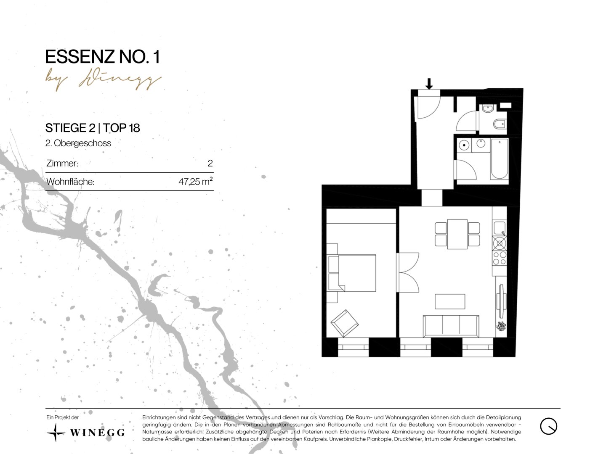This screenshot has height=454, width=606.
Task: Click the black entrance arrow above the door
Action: click(429, 84)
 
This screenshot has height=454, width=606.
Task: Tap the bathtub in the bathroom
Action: click(500, 159)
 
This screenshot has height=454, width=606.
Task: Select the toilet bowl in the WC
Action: click(500, 124)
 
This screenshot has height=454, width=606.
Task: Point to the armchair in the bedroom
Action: click(345, 323)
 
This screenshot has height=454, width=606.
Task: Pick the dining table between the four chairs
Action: click(457, 234)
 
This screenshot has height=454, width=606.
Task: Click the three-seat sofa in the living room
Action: click(451, 326)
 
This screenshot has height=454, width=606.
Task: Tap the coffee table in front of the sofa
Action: click(450, 301)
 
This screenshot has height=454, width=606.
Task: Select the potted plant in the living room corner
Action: click(501, 326)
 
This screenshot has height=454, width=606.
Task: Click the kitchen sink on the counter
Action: click(500, 228)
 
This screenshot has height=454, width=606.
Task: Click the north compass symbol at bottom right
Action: click(548, 426)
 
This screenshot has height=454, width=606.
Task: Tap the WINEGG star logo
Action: click(56, 433)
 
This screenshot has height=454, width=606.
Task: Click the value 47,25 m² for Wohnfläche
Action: click(195, 181)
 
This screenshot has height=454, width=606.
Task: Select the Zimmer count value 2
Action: click(210, 163)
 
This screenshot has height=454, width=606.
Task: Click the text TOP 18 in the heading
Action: click(122, 128)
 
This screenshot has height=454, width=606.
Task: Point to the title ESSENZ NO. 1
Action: click(102, 57)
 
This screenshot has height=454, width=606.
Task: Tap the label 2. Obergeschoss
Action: click(78, 143)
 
